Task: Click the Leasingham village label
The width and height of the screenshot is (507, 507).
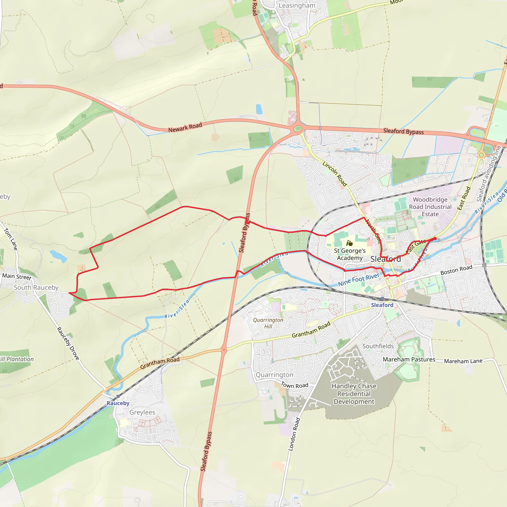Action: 297,5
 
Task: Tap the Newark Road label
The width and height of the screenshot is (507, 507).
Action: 185,127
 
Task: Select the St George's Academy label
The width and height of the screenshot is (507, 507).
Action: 350,254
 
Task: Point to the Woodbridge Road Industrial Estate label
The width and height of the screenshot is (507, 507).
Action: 430,207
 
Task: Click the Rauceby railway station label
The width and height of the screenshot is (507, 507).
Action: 118,403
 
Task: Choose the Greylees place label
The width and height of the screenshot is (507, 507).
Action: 142,412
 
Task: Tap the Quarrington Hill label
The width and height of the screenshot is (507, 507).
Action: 268,323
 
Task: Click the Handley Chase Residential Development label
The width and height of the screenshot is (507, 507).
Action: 354,394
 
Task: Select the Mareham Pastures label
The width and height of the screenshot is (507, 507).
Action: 409,359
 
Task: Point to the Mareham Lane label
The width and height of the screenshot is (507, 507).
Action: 463,361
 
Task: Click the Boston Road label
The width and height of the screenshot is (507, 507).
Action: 456,270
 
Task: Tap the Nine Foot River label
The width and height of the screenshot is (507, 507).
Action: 358,280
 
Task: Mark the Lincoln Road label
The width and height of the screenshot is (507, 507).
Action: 335,174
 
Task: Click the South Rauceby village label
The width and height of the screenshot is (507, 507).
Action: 36,287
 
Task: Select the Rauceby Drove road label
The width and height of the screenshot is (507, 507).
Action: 68,343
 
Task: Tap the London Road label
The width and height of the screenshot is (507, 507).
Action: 294,434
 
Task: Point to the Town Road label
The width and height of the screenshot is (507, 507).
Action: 294,385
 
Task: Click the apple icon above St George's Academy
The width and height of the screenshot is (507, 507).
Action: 349,243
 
